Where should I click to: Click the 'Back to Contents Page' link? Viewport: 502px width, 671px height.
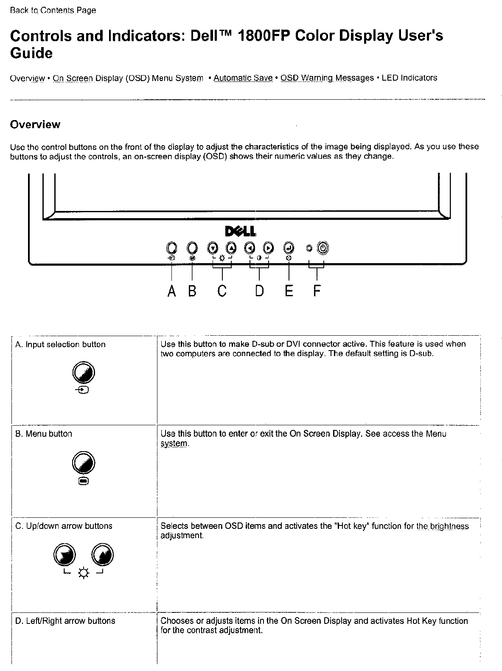pos(53,10)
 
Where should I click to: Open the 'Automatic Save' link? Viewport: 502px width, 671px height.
pos(243,78)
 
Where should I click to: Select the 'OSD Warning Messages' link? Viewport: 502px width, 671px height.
pos(327,78)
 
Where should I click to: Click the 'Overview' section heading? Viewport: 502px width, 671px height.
pos(35,125)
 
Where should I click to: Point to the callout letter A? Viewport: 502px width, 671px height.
pos(171,291)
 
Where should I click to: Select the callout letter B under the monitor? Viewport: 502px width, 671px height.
pos(192,291)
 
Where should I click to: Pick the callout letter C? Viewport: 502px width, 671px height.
pos(222,291)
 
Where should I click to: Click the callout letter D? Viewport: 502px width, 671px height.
pos(259,291)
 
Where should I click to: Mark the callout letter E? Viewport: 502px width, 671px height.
pos(289,291)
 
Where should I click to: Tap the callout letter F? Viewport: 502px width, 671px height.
pos(317,291)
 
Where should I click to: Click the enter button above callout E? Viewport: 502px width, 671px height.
pos(289,247)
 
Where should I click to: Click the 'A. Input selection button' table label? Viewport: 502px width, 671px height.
pos(60,345)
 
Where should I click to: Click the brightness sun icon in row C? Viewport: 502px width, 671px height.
pos(84,574)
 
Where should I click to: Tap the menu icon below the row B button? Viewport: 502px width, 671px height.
pos(84,481)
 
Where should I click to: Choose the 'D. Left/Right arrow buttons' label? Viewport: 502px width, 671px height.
pos(65,621)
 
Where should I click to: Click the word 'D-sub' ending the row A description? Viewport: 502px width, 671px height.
pos(421,354)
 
